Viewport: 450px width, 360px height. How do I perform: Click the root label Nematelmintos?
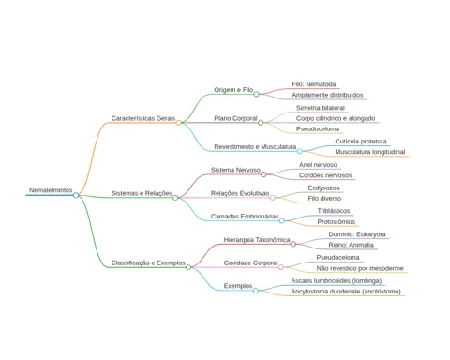(x=51, y=190)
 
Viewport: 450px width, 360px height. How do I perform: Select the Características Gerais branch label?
(x=143, y=118)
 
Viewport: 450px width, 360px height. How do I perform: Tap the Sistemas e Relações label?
(x=142, y=193)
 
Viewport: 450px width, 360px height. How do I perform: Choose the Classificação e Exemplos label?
(x=148, y=262)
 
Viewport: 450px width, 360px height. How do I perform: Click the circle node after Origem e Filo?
(x=256, y=94)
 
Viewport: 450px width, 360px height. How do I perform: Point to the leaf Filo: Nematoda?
(x=314, y=84)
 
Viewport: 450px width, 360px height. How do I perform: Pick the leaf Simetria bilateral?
(x=321, y=108)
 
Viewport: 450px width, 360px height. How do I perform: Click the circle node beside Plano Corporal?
(x=261, y=123)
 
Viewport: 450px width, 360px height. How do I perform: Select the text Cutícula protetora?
(x=361, y=142)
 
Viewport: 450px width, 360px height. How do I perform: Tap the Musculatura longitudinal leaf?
(x=370, y=152)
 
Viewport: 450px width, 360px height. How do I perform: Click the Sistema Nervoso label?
(x=235, y=170)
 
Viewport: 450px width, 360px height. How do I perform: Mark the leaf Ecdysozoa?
(x=323, y=187)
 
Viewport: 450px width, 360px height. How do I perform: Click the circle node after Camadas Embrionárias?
(x=282, y=221)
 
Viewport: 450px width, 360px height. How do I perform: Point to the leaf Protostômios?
(x=337, y=221)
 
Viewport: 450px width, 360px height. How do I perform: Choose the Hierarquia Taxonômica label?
(x=257, y=240)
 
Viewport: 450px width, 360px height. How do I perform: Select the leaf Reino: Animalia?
(x=351, y=245)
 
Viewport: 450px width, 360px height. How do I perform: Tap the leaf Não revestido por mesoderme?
(x=360, y=268)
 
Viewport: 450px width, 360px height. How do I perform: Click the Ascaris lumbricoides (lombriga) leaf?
(x=337, y=280)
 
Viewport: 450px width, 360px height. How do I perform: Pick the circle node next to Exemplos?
(x=256, y=291)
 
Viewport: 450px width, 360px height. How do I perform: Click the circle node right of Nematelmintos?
(x=76, y=195)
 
